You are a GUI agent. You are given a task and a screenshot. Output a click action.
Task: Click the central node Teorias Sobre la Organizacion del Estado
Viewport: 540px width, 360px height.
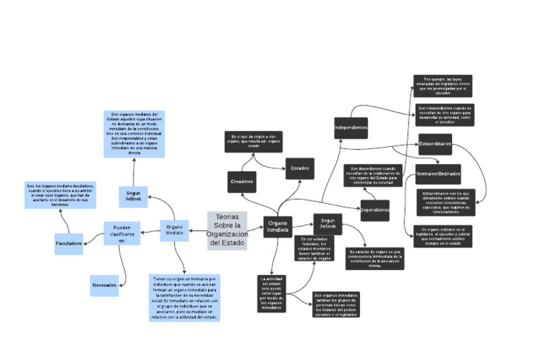[227, 230]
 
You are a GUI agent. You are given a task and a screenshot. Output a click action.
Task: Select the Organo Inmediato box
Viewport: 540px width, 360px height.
[277, 226]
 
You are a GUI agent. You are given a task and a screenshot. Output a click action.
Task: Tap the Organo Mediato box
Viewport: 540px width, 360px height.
[174, 230]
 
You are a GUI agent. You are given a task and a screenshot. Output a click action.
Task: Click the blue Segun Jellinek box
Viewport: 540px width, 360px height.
[134, 196]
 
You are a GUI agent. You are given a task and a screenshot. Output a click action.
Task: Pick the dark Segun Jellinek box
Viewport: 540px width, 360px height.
[328, 223]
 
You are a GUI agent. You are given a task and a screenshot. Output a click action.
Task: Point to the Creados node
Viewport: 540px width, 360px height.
[300, 168]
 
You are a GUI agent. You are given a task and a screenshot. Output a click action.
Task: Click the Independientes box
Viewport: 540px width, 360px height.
[351, 128]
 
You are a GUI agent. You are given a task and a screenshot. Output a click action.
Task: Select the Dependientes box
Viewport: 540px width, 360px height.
[375, 210]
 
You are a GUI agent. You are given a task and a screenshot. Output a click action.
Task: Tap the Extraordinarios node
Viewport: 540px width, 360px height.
[435, 144]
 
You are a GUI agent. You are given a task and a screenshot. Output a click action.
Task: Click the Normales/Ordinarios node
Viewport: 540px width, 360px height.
[438, 174]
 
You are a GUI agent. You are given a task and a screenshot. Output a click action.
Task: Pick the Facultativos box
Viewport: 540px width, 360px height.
[69, 243]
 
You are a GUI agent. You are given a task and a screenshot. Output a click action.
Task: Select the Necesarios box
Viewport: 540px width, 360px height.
[104, 285]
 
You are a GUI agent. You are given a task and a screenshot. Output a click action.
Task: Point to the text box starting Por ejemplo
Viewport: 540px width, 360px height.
[442, 86]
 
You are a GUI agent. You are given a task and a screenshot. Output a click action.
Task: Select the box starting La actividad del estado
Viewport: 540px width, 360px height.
[271, 293]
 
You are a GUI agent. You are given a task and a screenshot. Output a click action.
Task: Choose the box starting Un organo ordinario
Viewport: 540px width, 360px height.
[443, 237]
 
